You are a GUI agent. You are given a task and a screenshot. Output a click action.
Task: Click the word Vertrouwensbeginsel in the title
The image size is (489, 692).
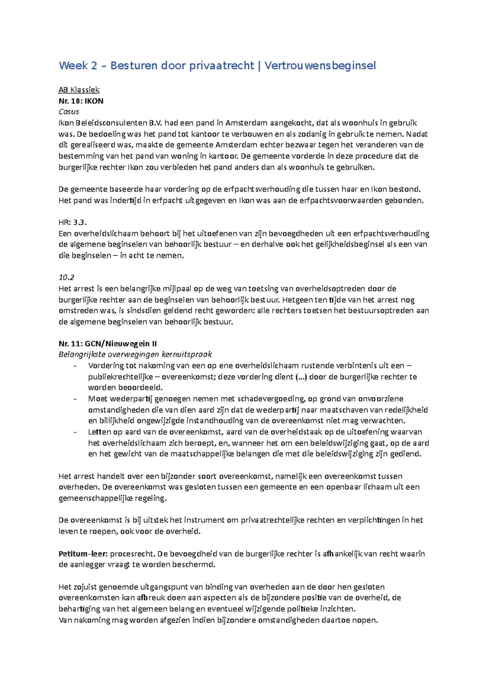[x=320, y=66]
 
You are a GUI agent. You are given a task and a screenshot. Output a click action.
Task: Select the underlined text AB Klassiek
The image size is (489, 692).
[x=79, y=90]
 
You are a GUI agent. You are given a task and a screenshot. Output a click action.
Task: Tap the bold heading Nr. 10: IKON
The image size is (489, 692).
[x=81, y=101]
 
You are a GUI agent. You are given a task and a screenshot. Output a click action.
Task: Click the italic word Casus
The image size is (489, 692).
[x=69, y=112]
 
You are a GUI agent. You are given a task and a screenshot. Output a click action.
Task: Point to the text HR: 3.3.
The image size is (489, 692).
[x=73, y=222]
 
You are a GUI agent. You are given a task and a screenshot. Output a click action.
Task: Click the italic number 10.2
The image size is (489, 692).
[x=66, y=278]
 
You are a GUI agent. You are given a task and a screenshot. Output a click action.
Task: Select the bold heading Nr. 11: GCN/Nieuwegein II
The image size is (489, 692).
[x=108, y=344]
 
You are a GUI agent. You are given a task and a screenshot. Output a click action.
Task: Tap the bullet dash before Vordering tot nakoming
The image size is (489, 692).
[x=75, y=366]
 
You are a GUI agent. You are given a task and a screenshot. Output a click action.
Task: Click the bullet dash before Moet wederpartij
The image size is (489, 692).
[x=75, y=399]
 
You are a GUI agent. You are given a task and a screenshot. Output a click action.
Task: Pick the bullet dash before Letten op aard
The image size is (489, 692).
[x=75, y=432]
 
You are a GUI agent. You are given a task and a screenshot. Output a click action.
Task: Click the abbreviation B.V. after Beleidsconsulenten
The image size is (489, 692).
[x=156, y=123]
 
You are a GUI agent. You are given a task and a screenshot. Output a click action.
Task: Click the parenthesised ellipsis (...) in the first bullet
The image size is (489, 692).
[x=301, y=377]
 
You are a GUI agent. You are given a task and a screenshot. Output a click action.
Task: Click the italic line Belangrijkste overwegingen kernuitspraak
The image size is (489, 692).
[x=135, y=355]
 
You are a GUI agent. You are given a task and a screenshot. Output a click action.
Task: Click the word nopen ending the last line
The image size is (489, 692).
[x=367, y=620]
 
